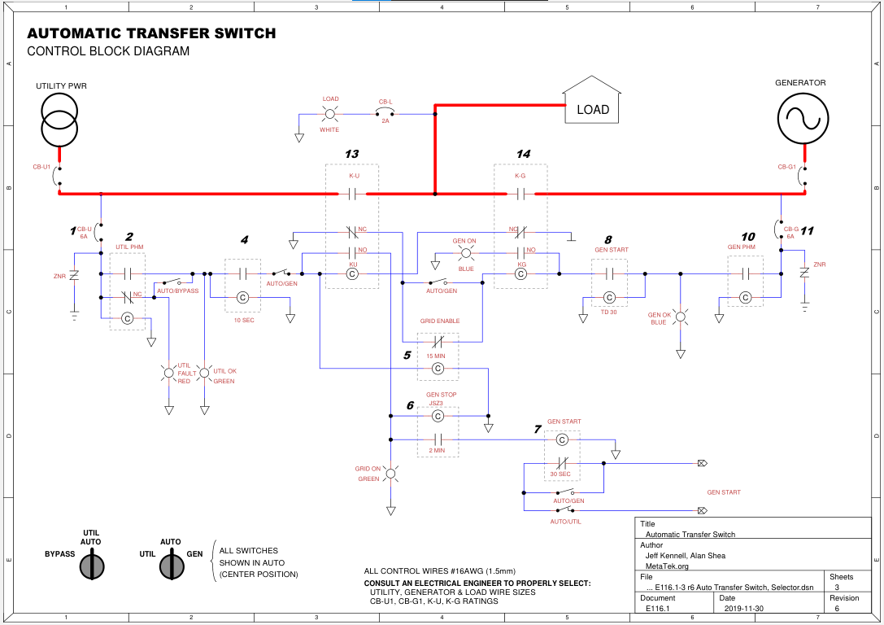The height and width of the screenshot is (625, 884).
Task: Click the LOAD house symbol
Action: point(593,102)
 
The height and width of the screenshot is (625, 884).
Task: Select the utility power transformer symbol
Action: point(59,120)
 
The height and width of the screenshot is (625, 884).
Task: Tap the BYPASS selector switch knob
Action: point(91,566)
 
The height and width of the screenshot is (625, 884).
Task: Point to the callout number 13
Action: point(351,154)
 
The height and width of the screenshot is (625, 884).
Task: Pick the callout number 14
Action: point(523,154)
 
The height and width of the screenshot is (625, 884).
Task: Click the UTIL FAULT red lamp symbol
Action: point(169,374)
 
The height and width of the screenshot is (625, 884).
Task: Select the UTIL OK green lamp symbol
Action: point(204,374)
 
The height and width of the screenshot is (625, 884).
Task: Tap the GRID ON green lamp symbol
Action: point(390,474)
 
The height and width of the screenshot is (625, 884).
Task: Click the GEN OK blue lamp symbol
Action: point(682,313)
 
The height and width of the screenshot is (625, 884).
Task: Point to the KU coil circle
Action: point(352,274)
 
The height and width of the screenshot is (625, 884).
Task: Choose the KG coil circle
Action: point(521,274)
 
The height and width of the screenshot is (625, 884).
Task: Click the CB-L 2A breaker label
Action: point(385,103)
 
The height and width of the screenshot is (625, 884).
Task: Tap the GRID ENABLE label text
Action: point(440,321)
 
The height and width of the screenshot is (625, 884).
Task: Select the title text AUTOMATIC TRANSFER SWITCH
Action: point(151,34)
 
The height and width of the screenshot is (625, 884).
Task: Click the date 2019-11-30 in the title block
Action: point(742,608)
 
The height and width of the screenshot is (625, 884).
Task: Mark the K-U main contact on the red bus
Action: point(352,194)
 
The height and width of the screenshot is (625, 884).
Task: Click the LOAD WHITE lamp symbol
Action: point(330,114)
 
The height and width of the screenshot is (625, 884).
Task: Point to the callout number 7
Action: point(537,429)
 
